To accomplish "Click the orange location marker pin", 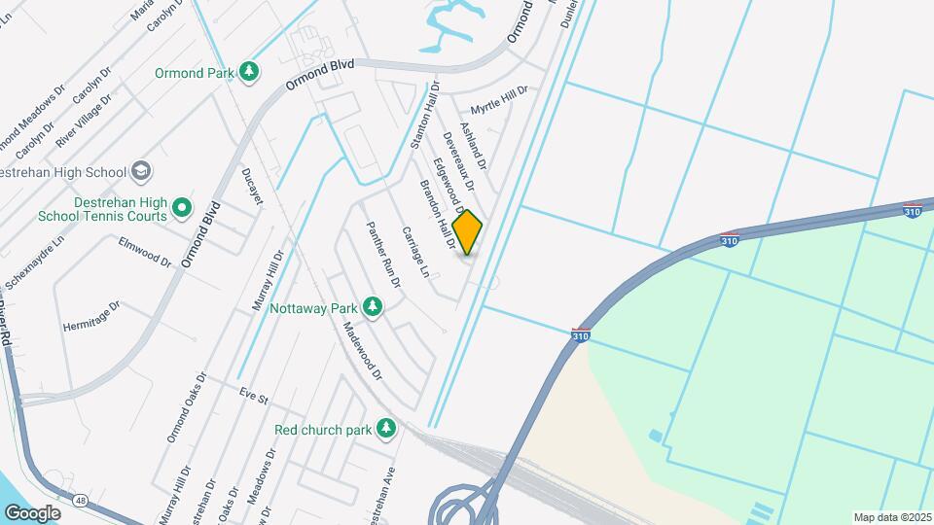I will click(468, 232).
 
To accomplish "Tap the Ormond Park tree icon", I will click(249, 72).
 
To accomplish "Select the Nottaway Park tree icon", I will click(372, 307).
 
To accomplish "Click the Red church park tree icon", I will click(387, 428).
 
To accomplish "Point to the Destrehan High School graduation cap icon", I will click(141, 172).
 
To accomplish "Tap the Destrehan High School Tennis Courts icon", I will click(182, 207).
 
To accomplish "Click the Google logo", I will click(32, 513).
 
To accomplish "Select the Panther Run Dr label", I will click(382, 255).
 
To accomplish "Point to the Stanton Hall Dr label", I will click(426, 114).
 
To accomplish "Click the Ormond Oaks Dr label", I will click(186, 405).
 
